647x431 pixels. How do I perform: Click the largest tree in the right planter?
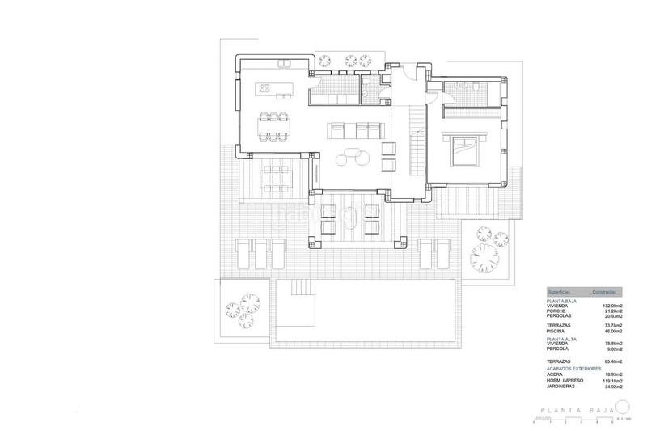click(483, 260)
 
